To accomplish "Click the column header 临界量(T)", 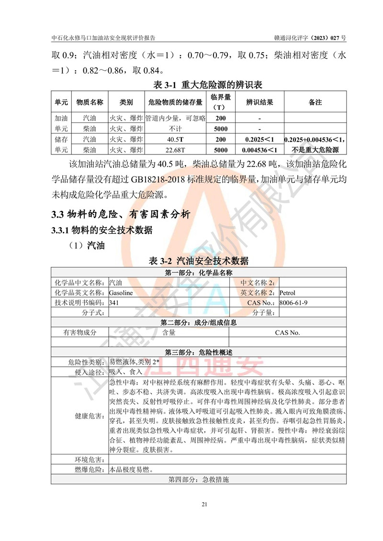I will tap(221, 102).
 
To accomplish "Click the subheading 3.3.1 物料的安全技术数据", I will tap(101, 230).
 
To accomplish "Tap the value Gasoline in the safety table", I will tap(121, 292).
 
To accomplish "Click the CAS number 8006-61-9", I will tap(293, 302).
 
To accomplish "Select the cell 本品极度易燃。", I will tap(131, 469).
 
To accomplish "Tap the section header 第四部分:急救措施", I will tap(198, 479).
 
